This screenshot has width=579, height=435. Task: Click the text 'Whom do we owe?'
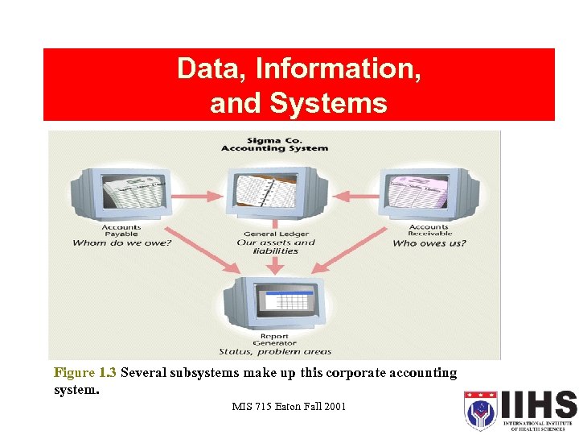(122, 243)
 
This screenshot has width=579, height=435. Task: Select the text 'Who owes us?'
(429, 243)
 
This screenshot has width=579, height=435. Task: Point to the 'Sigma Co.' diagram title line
(274, 139)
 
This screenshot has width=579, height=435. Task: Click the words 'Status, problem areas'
(275, 352)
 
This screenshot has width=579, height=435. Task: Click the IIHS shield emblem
(480, 410)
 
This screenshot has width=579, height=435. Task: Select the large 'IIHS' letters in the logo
(537, 405)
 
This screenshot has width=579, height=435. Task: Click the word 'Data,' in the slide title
(211, 68)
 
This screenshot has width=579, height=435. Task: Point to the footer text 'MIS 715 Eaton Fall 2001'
(289, 406)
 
